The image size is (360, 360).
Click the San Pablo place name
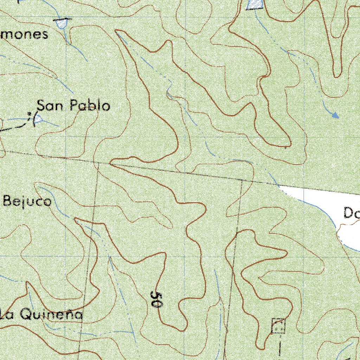coord(73,105)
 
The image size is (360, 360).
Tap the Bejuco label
coord(27,202)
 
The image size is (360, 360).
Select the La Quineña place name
coord(41,315)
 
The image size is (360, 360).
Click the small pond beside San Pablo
coord(38,119)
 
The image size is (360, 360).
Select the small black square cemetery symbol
coord(278,326)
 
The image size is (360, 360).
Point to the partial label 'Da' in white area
coord(351,213)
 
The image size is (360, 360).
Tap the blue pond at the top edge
coord(255,4)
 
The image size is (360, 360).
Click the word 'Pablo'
coord(90,105)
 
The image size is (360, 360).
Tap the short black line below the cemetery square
coord(280,346)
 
